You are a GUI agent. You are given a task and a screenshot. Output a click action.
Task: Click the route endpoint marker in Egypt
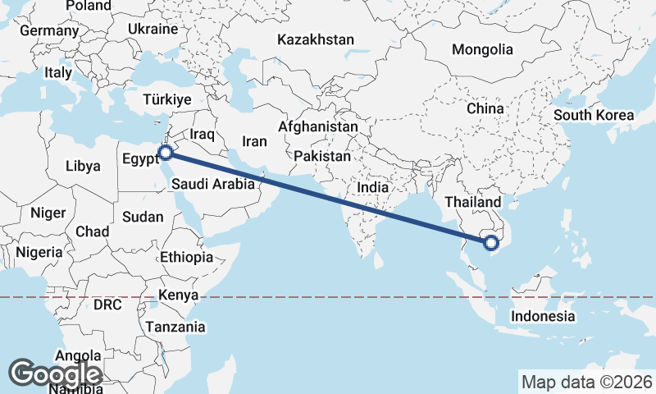[166, 152]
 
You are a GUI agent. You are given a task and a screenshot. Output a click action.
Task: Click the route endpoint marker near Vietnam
[491, 242]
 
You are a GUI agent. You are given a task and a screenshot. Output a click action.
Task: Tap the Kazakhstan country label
[316, 39]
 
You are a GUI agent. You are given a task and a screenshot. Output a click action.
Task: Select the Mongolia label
[482, 49]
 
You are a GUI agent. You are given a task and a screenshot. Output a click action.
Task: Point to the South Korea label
[594, 115]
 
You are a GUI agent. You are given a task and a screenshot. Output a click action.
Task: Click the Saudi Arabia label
[215, 185]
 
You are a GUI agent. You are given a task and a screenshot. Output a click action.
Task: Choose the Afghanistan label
[318, 127]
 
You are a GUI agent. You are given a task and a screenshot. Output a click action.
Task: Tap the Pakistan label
[322, 156]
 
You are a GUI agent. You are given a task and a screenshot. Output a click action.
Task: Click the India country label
[372, 187]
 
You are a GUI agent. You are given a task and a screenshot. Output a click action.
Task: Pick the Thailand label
[472, 202]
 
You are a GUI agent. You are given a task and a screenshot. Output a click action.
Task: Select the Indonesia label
[542, 316]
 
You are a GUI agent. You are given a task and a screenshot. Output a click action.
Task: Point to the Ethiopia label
[186, 257]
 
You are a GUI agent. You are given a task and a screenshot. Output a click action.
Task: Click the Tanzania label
[175, 327]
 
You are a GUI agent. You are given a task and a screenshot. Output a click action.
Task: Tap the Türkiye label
[166, 98]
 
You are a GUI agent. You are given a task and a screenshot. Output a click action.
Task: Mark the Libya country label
[83, 166]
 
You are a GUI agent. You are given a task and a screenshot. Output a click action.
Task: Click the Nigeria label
[39, 252]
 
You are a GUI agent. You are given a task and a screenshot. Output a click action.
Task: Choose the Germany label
[48, 30]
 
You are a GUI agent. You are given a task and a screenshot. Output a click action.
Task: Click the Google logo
[56, 374]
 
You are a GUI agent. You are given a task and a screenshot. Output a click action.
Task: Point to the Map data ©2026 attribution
[587, 382]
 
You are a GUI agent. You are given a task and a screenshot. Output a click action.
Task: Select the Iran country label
[255, 141]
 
